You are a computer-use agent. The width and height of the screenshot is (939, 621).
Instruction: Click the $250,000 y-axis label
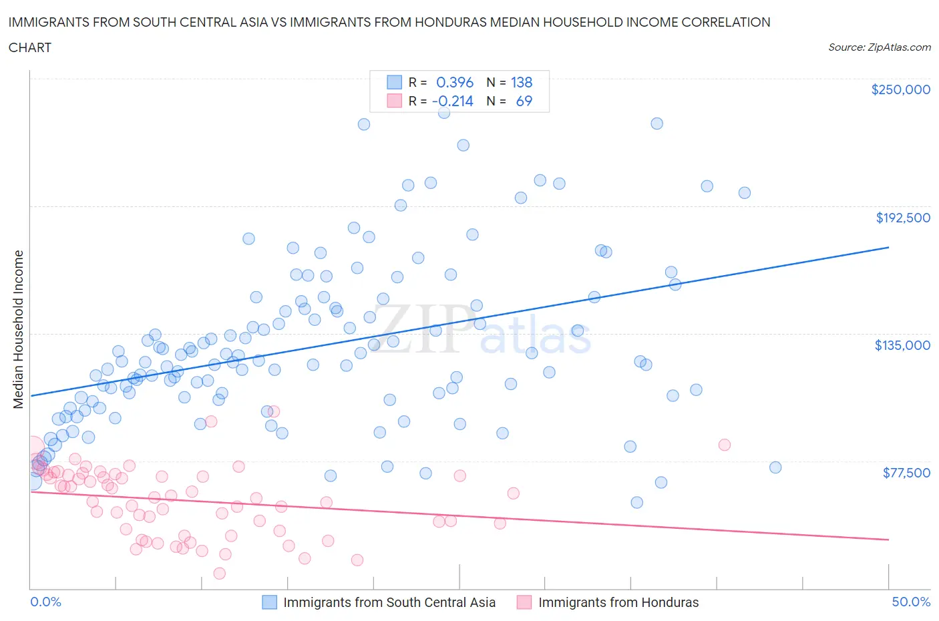pos(900,90)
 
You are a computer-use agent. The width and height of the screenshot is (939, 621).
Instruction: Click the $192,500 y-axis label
pos(903,218)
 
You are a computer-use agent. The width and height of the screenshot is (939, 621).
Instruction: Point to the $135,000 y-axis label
pos(902,345)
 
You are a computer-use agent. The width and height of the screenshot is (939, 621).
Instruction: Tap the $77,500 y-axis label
pos(906,473)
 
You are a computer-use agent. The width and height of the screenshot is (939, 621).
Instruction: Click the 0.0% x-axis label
pos(45,602)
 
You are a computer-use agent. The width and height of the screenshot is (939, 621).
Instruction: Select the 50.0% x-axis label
pos(911,602)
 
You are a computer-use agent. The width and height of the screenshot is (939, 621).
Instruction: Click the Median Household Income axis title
pos(19,329)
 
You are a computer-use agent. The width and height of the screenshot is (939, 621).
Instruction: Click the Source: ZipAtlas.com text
pos(879,47)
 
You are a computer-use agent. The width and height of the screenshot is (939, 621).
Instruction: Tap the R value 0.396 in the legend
pos(454,82)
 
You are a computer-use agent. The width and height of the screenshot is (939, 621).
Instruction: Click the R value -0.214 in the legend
pos(453,101)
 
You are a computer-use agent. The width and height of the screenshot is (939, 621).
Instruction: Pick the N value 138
pos(522,82)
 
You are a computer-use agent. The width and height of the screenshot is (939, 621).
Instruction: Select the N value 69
pos(524,101)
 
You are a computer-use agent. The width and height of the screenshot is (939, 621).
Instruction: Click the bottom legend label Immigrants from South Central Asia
pos(389,602)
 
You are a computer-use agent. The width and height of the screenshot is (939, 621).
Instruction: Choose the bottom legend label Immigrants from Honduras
pos(618,602)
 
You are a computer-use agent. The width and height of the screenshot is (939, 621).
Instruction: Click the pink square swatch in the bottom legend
pos(524,602)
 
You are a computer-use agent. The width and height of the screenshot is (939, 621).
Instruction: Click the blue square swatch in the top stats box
pos(395,82)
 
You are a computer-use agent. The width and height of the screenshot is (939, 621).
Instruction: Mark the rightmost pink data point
pos(724,445)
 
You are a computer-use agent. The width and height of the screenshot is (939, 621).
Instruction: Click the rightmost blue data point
pos(775,467)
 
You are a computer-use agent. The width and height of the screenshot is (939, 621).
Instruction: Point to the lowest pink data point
pos(219,573)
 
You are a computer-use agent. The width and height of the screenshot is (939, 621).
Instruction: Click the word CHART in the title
pos(30,47)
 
